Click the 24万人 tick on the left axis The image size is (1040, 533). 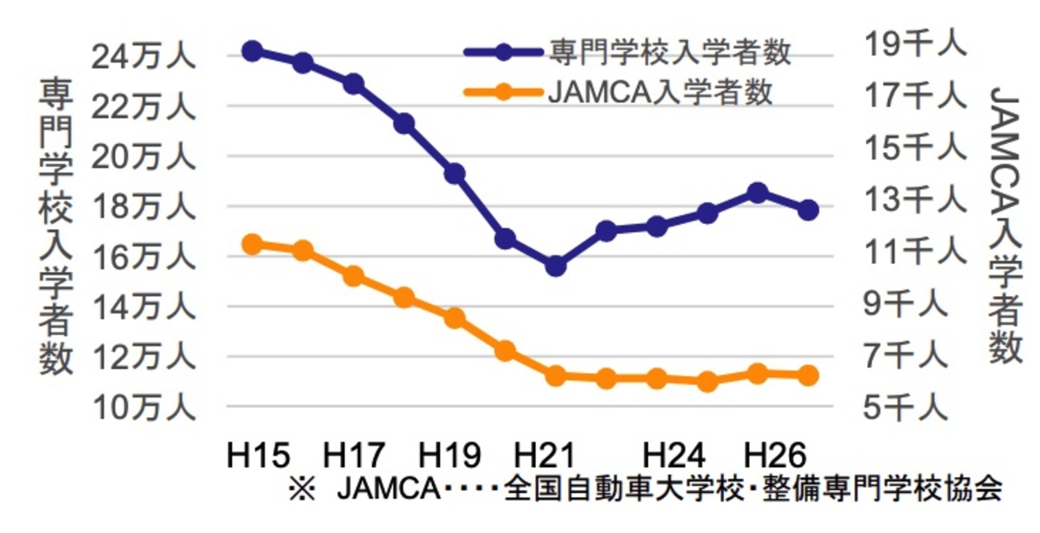143,58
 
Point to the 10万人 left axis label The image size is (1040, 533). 143,408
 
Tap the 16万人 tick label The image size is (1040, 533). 143,258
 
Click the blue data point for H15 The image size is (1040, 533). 252,51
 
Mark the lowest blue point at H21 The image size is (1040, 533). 555,266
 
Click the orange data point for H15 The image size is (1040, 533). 252,245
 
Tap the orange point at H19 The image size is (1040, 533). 454,319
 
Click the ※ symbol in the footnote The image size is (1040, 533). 303,490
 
